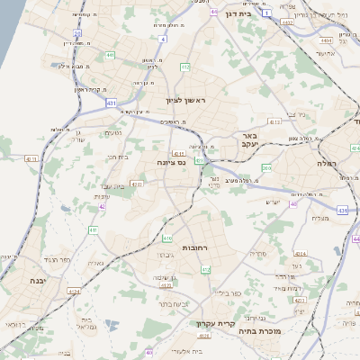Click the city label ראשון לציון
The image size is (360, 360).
click(185, 101)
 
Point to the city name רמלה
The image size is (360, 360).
click(325, 165)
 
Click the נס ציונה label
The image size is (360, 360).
click(169, 163)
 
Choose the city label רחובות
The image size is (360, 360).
click(195, 247)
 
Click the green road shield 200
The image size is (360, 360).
click(266, 167)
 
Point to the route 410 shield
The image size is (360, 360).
click(168, 238)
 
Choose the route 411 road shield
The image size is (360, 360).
click(93, 230)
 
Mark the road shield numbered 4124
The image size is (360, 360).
click(74, 291)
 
